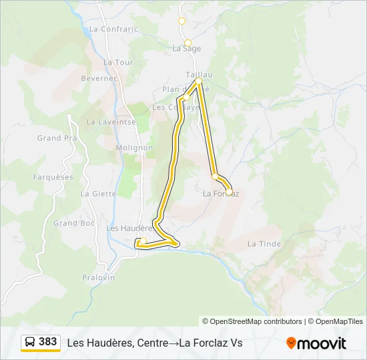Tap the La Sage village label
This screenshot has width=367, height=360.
186,48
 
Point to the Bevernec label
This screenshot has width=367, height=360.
99,78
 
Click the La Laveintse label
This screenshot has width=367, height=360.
111,122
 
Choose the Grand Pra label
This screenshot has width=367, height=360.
57,139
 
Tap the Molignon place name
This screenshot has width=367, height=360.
134,148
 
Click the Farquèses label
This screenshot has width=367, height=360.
53,177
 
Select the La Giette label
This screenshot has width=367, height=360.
98,194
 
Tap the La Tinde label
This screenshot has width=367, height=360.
264,244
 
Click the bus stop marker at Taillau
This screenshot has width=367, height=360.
198,81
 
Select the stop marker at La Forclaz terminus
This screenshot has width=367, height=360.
229,192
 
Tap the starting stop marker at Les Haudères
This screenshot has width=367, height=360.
143,241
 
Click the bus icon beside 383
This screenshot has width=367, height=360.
30,342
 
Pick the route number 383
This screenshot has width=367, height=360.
48,342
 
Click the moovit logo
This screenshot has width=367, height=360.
316,343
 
